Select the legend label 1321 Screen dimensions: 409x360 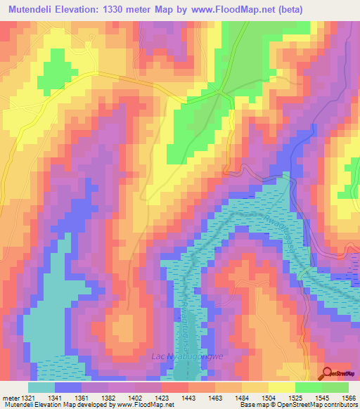[26, 398]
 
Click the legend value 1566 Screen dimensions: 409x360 [347, 398]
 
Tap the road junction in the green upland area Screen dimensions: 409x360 [221, 91]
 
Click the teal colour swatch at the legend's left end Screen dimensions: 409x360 [41, 387]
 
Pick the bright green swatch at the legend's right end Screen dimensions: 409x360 [335, 387]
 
